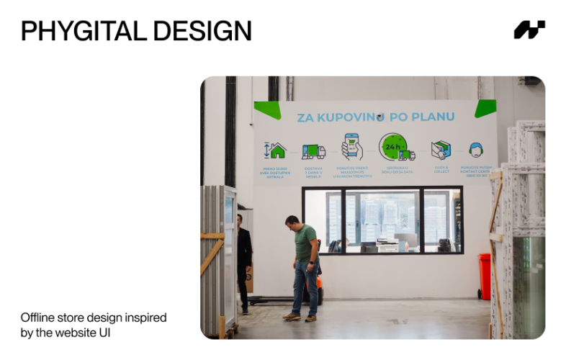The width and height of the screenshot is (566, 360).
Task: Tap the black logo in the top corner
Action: click(529, 30)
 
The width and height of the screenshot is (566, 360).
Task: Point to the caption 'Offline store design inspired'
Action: click(94, 318)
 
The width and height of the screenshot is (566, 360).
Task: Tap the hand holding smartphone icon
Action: click(351, 146)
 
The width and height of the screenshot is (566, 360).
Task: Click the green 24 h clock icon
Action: click(393, 147)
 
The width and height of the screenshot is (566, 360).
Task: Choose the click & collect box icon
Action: click(441, 150)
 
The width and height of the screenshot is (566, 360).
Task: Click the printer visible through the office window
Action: click(387, 245)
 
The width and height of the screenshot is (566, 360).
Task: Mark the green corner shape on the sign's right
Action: click(486, 108)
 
